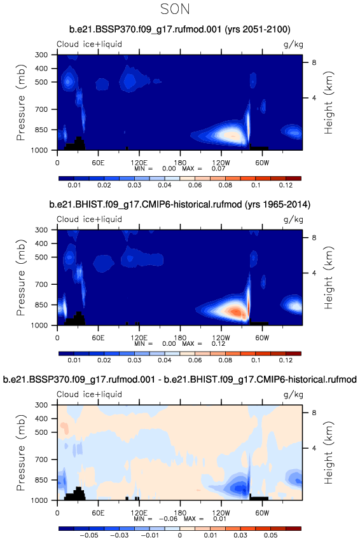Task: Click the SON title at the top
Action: tap(175, 9)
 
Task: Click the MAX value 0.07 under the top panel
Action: tap(218, 168)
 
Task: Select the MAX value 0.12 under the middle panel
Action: tap(218, 343)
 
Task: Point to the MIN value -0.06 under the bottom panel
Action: tap(170, 519)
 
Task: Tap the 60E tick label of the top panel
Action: tap(98, 163)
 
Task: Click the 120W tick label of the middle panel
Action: tap(221, 338)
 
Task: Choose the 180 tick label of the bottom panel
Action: tap(180, 512)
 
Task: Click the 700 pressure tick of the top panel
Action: tap(41, 109)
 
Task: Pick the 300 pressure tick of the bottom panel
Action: tap(41, 405)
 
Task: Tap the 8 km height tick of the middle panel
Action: tap(314, 237)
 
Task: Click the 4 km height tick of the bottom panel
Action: tap(314, 448)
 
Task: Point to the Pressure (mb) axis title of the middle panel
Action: tap(21, 277)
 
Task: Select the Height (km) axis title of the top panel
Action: tap(329, 102)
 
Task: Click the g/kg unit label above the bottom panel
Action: tap(293, 394)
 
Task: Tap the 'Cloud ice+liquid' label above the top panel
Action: tap(89, 44)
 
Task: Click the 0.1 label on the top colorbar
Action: tap(256, 185)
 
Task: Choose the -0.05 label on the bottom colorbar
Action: tap(89, 535)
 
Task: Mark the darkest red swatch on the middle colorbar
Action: tap(293, 353)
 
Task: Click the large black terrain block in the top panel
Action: tap(75, 144)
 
